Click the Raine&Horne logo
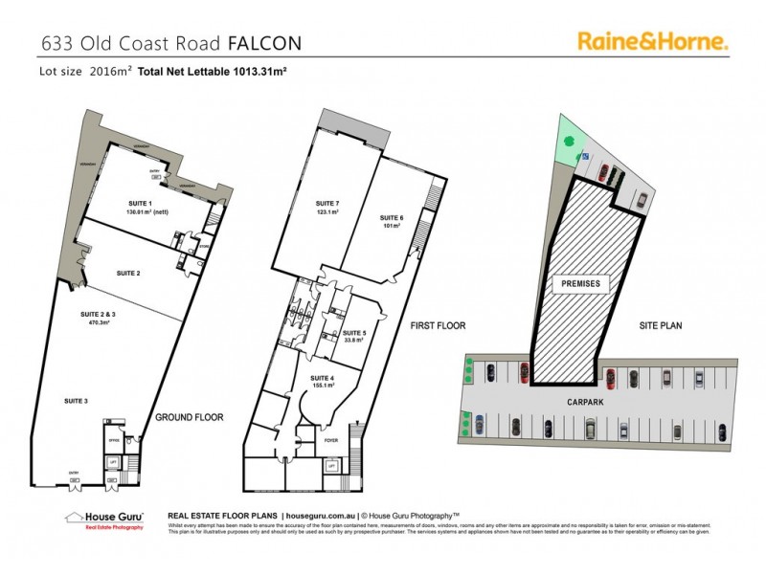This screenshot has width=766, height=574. (x=653, y=40)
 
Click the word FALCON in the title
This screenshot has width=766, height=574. (x=264, y=43)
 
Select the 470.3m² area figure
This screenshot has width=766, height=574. (x=95, y=323)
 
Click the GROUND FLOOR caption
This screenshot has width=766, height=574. (x=190, y=417)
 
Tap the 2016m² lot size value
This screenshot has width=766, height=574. (x=110, y=72)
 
